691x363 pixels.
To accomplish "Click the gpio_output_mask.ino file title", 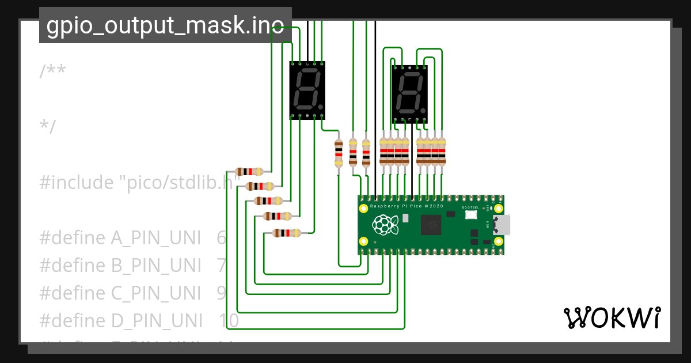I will tap(165, 25).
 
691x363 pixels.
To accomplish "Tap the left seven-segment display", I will tap(307, 90).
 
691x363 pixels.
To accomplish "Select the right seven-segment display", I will tap(410, 94).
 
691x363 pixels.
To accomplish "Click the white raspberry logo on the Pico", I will tap(385, 225).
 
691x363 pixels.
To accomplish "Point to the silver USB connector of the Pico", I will tap(500, 225).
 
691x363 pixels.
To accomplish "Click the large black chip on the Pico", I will tap(431, 225).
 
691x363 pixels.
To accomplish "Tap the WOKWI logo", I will tap(612, 317).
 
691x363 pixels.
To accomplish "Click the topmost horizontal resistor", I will tap(249, 172).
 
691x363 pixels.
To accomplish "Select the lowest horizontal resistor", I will tap(286, 233).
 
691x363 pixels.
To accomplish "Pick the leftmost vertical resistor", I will tap(339, 153).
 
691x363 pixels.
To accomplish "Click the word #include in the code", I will tap(77, 183).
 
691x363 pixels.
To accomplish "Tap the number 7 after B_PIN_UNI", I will tap(222, 266).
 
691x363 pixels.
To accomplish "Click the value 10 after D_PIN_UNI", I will tap(229, 321).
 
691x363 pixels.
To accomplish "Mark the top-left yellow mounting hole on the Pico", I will tap(363, 207).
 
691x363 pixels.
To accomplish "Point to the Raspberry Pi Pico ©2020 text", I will tap(407, 206).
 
